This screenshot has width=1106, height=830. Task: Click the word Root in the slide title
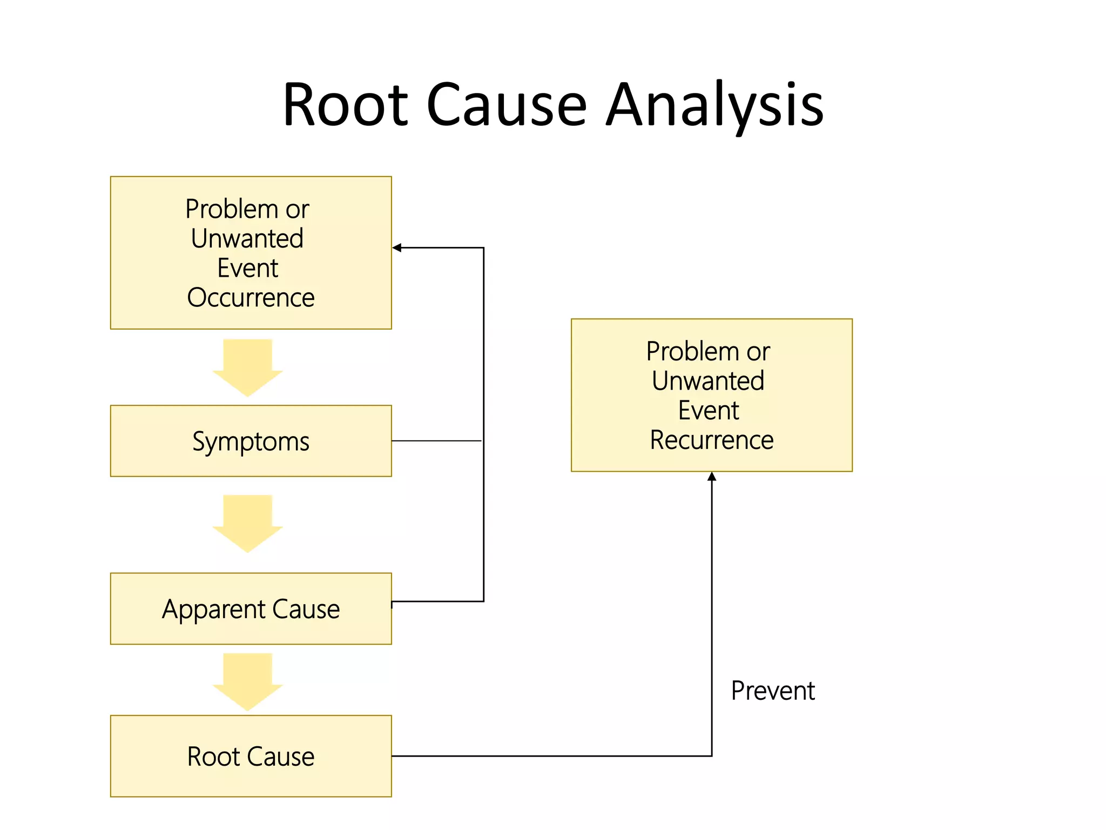click(x=346, y=105)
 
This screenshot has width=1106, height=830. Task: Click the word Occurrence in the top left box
click(x=251, y=298)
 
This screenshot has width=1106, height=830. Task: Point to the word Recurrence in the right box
click(x=711, y=440)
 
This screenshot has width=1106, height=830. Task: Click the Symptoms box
click(x=251, y=441)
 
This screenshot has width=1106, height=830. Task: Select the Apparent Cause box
click(x=251, y=608)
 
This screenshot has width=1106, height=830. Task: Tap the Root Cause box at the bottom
click(x=251, y=756)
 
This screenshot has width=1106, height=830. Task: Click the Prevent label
click(x=772, y=691)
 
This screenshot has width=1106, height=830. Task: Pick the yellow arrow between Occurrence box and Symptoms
click(x=248, y=367)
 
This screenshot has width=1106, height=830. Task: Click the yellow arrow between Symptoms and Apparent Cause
click(x=248, y=523)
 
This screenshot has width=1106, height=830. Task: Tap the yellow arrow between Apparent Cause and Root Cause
click(x=248, y=681)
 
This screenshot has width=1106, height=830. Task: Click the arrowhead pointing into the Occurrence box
click(x=397, y=248)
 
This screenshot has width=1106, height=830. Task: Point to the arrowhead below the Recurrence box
click(x=712, y=477)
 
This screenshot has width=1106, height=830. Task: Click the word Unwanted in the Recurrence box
click(x=708, y=381)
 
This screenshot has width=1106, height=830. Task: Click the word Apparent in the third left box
click(x=214, y=610)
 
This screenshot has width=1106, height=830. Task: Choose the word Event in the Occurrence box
click(x=247, y=268)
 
